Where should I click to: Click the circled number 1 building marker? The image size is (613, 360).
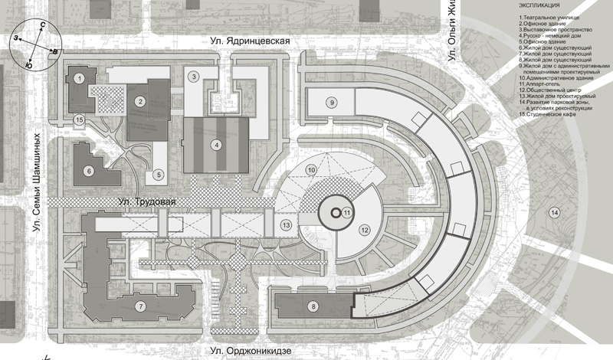79,77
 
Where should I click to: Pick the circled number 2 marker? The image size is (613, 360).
140,100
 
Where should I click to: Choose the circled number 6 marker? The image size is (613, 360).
89,170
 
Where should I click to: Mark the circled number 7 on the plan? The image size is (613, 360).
139,306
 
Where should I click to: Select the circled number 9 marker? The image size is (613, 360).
332,102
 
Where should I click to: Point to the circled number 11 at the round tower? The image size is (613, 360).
346,212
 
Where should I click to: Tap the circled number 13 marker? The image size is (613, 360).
286,225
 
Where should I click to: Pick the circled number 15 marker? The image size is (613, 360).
79,119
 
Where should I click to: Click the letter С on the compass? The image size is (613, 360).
41,25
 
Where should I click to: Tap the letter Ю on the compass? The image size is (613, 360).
28,67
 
